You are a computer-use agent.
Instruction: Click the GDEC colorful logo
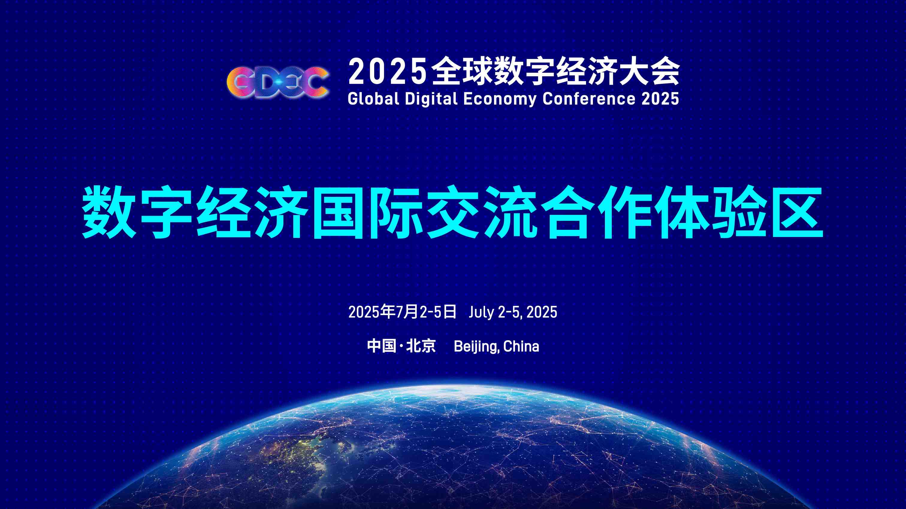277,82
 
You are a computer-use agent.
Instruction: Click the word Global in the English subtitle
373,99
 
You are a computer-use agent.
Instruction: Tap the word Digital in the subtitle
431,99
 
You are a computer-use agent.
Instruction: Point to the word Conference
589,99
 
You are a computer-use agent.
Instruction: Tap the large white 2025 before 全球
387,72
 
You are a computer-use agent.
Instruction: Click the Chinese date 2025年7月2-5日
402,312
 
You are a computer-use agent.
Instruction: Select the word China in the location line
521,346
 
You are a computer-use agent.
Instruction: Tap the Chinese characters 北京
421,346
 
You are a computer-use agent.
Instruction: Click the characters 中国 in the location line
382,346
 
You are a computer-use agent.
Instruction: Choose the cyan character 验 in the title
740,212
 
